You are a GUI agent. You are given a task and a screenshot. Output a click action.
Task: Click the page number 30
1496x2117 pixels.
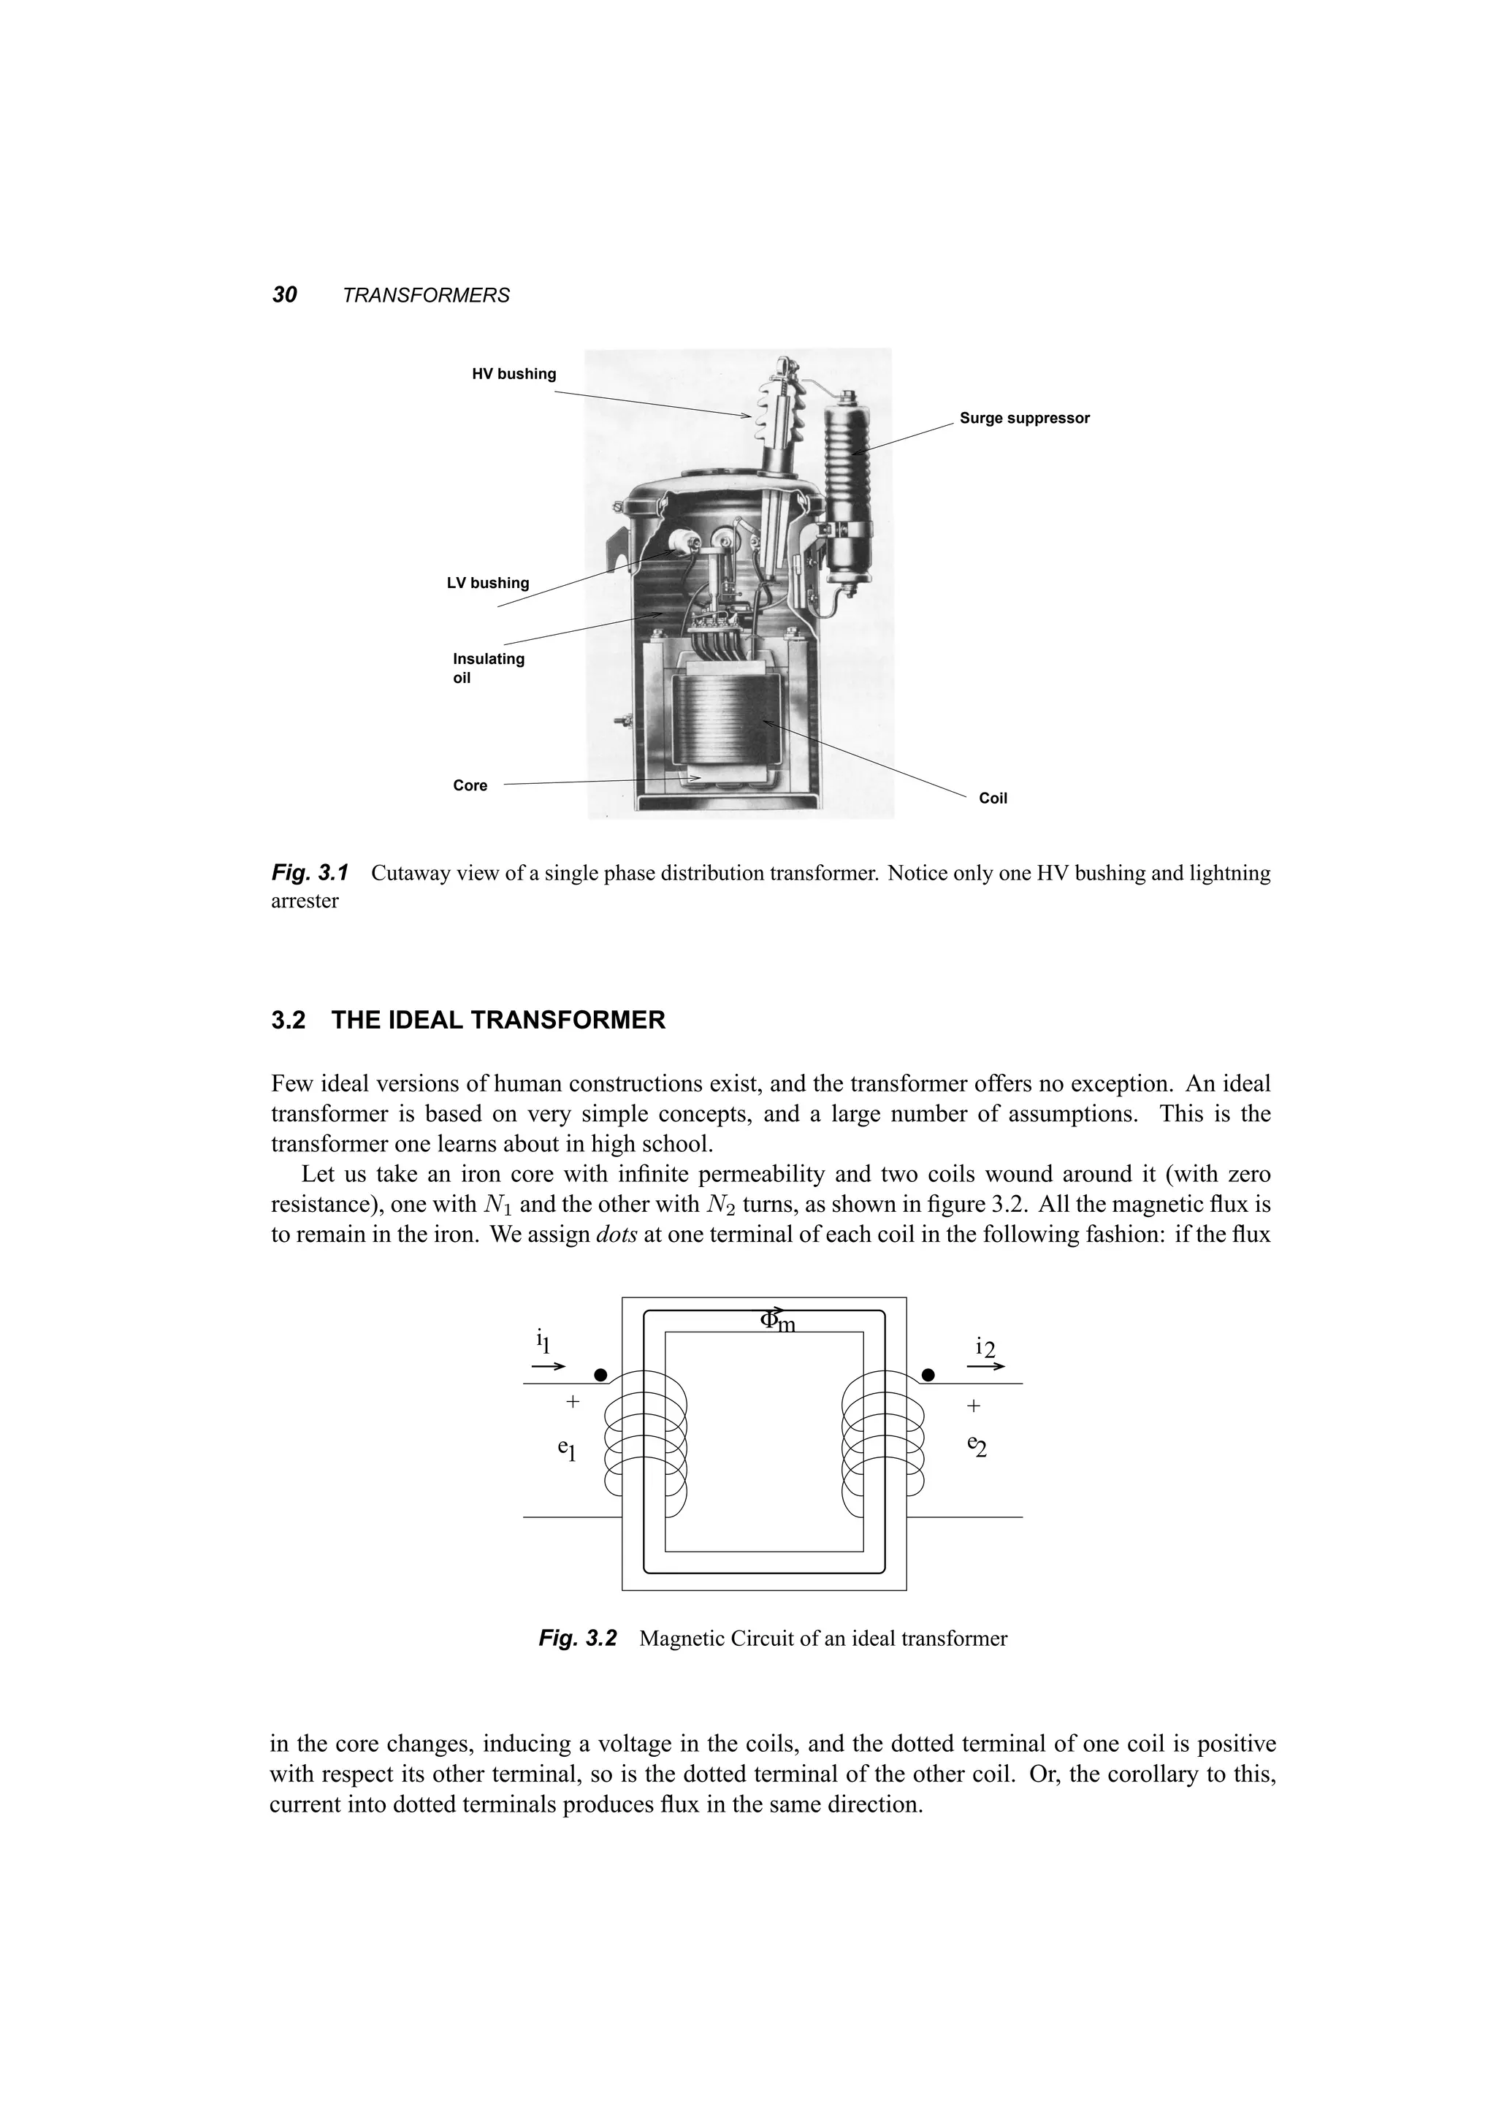click(285, 295)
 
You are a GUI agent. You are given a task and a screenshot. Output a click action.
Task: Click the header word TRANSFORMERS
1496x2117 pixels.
click(425, 296)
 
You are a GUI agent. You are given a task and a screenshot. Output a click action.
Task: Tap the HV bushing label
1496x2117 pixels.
click(514, 373)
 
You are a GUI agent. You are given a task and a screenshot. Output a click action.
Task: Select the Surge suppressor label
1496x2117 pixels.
click(1024, 418)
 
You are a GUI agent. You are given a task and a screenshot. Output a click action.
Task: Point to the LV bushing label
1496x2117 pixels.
click(488, 583)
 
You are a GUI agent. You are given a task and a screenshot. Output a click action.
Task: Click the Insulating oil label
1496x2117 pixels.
click(488, 668)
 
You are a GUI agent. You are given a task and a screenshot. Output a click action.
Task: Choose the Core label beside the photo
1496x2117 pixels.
click(470, 785)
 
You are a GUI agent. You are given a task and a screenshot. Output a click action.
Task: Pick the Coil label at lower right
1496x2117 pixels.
click(993, 798)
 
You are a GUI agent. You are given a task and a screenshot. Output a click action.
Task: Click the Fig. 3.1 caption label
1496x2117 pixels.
click(310, 872)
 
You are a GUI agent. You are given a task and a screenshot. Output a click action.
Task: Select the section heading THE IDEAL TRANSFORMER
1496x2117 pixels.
click(497, 1020)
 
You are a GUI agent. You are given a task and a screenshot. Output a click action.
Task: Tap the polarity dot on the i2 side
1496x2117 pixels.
click(928, 1375)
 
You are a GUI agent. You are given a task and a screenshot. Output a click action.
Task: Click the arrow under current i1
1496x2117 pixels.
click(549, 1367)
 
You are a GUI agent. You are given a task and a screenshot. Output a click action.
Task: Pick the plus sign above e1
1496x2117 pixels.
click(573, 1402)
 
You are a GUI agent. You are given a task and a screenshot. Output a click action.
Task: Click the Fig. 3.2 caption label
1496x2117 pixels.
click(578, 1638)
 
